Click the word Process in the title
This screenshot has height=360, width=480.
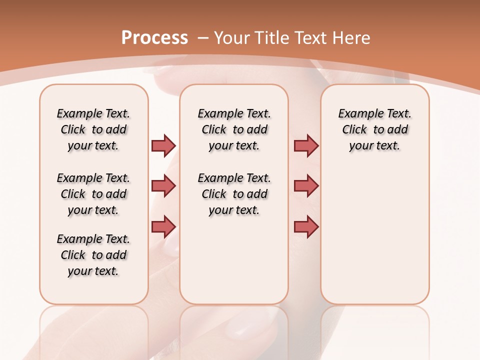point(154,38)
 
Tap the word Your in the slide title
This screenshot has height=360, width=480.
point(232,38)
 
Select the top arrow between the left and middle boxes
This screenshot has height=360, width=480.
point(163,145)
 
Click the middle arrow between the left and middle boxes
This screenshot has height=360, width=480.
point(163,186)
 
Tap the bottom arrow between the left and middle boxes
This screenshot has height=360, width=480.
point(163,226)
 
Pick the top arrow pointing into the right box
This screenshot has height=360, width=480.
point(306,145)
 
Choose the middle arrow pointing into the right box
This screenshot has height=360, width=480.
point(306,186)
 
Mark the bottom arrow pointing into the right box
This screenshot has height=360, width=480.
point(306,227)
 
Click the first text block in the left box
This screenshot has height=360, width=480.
point(93,129)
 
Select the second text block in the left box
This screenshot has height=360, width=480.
point(93,194)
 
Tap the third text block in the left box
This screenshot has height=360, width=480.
point(93,255)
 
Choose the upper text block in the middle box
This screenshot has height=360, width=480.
point(234,129)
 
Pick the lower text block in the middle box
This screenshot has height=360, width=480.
point(234,194)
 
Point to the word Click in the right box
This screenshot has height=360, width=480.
point(354,130)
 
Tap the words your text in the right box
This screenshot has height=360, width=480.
point(374,146)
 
